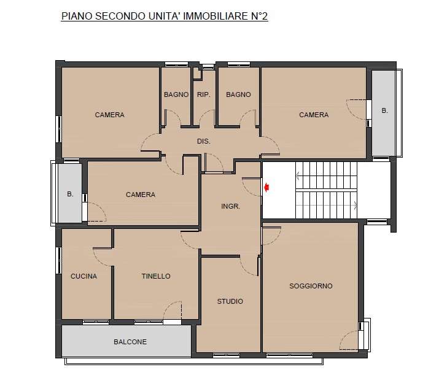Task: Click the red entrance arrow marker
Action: [266, 187]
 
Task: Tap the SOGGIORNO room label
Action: [311, 286]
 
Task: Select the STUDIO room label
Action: [230, 301]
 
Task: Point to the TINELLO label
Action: [156, 276]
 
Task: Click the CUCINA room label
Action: [84, 276]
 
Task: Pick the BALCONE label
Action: [130, 342]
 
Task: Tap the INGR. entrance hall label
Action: [231, 206]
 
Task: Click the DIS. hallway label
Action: [204, 141]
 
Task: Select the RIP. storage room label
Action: [204, 95]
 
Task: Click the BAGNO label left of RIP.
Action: [176, 95]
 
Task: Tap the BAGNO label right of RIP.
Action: [238, 95]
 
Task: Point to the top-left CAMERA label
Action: [109, 115]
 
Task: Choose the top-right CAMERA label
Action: [314, 115]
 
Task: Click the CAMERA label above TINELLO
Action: [141, 195]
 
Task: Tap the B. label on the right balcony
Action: [385, 110]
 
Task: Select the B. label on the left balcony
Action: [70, 194]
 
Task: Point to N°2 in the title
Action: [258, 16]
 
